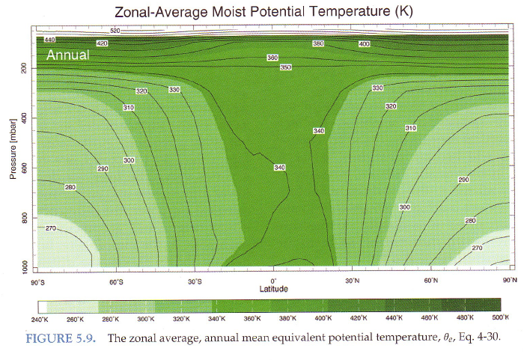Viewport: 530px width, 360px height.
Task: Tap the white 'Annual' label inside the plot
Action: coord(67,55)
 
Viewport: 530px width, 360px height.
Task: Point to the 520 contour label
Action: coord(115,31)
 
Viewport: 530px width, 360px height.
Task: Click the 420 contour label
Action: coord(103,43)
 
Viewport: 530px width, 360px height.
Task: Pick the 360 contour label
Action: coord(272,58)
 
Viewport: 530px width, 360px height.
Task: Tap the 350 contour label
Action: coord(285,67)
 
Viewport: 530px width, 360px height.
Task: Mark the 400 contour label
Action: coord(365,44)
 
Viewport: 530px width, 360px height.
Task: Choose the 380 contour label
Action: coord(317,43)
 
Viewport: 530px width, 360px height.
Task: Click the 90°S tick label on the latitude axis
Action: coord(37,281)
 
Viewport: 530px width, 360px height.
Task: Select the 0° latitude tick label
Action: coord(273,281)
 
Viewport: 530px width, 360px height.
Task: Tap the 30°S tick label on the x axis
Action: coord(195,281)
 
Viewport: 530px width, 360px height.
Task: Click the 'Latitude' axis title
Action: coord(273,289)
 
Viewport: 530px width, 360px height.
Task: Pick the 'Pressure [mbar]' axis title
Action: coord(13,151)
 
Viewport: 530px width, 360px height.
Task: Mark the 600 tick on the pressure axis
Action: coord(23,168)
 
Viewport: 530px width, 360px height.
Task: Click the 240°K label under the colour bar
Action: coord(40,319)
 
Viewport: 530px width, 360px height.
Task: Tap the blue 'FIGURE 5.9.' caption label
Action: coord(63,338)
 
